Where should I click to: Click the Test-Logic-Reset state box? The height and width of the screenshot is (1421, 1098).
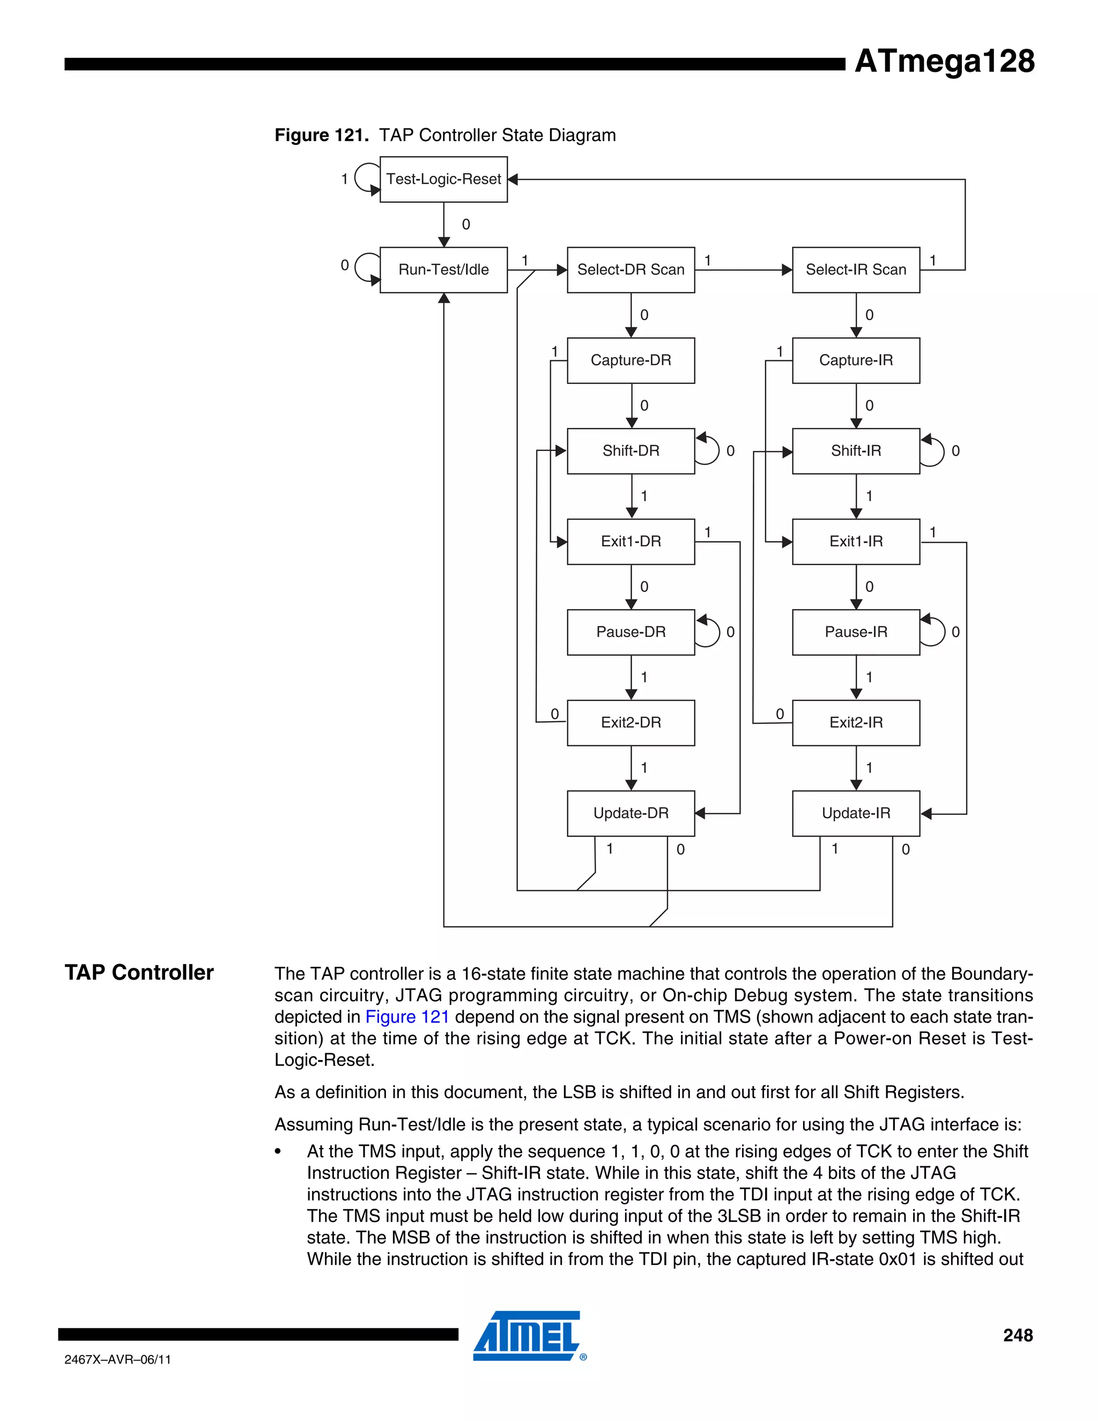pyautogui.click(x=443, y=179)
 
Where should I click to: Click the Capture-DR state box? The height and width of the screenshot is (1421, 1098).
pyautogui.click(x=630, y=360)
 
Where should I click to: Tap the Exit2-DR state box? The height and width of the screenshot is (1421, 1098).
pyautogui.click(x=630, y=722)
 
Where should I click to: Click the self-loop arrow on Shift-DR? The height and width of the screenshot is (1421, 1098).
pyautogui.click(x=709, y=450)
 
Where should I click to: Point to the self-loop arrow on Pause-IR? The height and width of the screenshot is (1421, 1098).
pyautogui.click(x=934, y=631)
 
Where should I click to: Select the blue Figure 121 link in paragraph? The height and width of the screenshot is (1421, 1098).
pyautogui.click(x=407, y=1017)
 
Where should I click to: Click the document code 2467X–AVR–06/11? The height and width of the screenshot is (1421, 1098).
pyautogui.click(x=118, y=1359)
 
